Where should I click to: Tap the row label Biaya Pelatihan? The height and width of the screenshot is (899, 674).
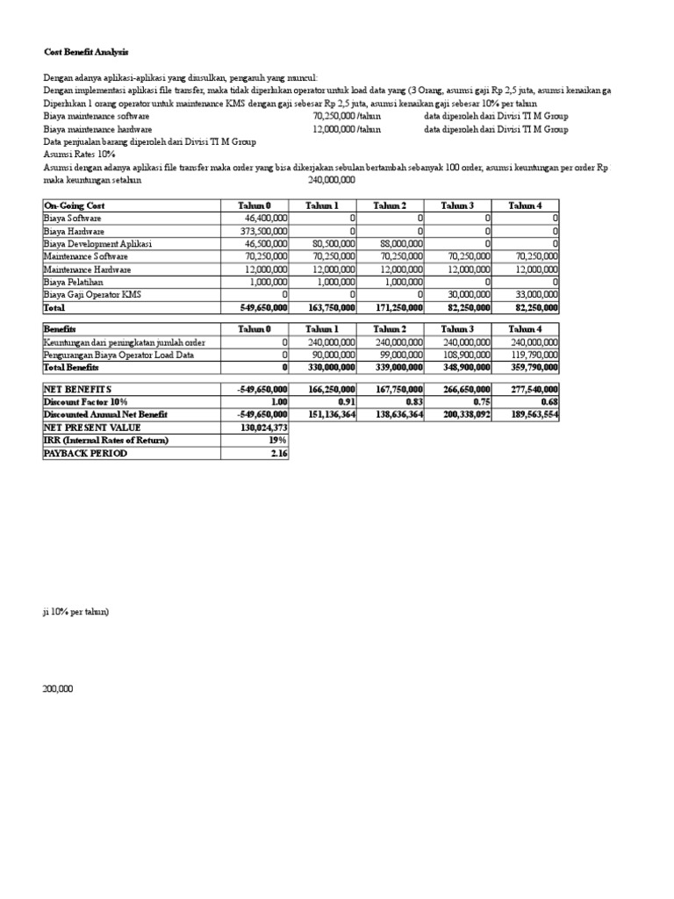(73, 283)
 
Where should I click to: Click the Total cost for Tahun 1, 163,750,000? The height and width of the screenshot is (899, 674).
(329, 309)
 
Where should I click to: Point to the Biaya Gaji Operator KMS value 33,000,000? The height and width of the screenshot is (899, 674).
(534, 296)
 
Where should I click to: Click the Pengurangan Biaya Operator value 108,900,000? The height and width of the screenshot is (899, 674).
(465, 355)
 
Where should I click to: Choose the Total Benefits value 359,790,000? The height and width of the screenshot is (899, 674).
(533, 368)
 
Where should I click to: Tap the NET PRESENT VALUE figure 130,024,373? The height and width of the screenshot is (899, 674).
(261, 427)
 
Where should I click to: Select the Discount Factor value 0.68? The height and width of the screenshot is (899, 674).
(549, 400)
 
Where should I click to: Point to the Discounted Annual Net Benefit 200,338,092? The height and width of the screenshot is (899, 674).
(464, 414)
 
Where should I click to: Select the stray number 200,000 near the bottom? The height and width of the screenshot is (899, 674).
(58, 689)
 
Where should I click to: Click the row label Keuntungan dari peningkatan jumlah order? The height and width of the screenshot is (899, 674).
(124, 342)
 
